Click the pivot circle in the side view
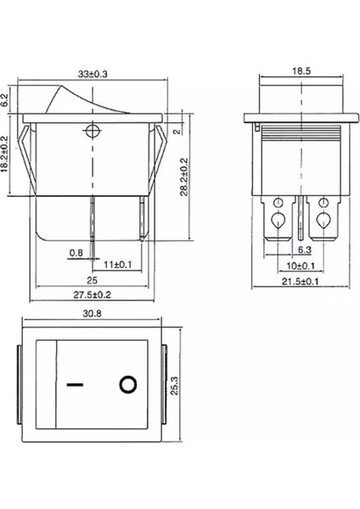pyautogui.click(x=92, y=131)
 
